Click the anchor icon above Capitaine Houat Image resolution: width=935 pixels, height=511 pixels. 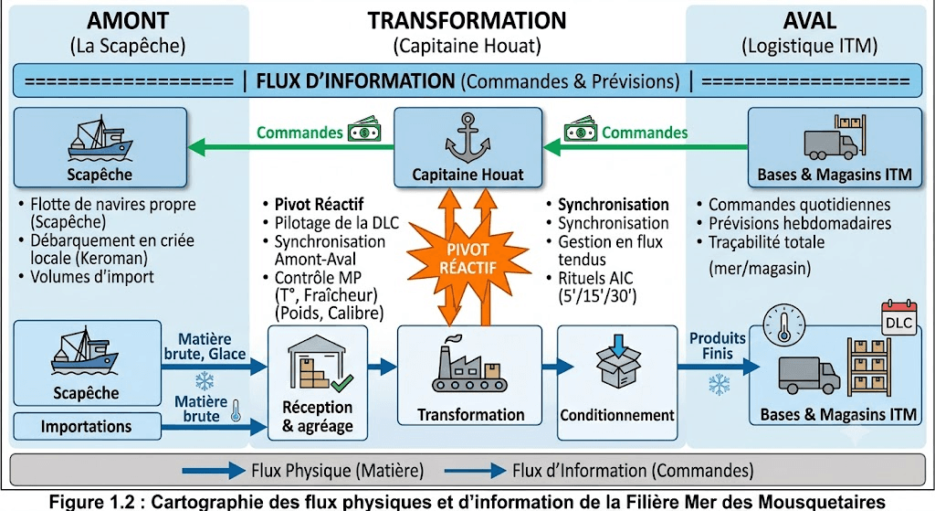[468, 138]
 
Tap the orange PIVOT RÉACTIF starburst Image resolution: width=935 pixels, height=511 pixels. [468, 259]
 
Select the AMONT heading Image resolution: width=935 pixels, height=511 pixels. [128, 21]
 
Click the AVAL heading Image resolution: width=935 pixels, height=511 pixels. [809, 21]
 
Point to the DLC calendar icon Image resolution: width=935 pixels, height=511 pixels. [898, 317]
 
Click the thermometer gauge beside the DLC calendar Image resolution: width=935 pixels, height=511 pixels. [784, 325]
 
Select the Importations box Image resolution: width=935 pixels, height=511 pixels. [87, 426]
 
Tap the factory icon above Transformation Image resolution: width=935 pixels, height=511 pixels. [469, 365]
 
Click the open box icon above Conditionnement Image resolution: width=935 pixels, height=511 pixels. [618, 360]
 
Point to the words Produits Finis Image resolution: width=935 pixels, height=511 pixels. [718, 346]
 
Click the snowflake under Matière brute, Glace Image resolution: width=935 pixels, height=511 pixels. [205, 380]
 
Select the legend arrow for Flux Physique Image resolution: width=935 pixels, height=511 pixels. [214, 471]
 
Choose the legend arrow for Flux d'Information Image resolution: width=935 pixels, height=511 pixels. [475, 471]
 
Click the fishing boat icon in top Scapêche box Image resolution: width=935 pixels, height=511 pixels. [100, 139]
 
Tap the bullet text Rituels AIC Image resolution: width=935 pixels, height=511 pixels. [595, 278]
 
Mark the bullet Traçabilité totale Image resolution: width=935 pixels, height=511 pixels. [766, 242]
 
